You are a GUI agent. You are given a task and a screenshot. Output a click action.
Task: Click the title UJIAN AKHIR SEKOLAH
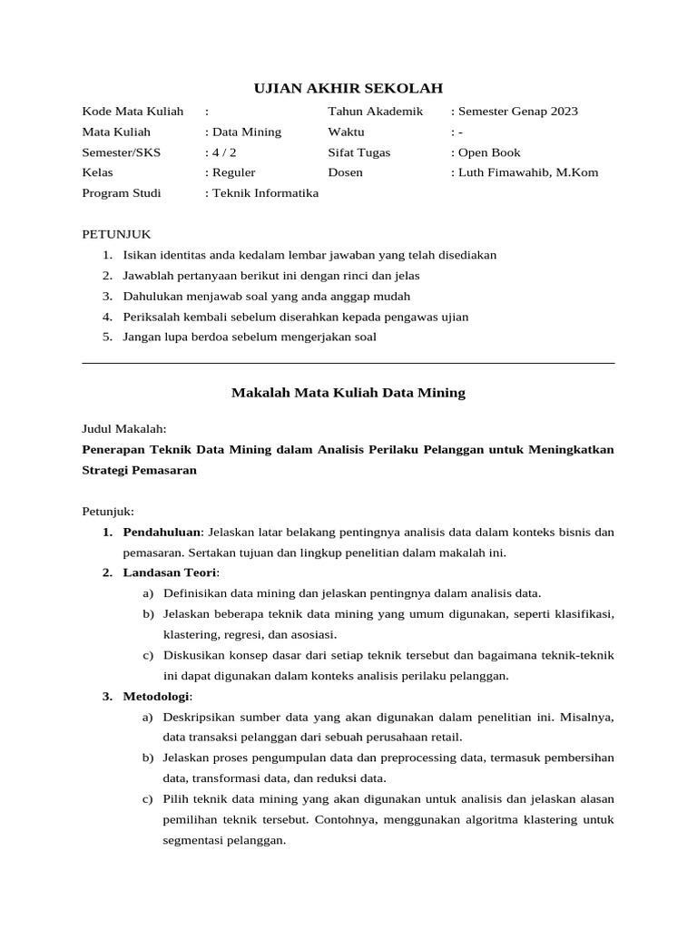[348, 88]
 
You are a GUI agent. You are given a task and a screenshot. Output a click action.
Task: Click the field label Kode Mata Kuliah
[133, 112]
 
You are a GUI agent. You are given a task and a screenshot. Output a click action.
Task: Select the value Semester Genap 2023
[518, 112]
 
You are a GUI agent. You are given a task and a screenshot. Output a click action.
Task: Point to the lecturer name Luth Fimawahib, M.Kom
[528, 172]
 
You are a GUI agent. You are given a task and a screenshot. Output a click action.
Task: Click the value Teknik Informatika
[265, 193]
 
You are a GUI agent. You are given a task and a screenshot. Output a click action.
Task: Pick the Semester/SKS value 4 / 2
[221, 152]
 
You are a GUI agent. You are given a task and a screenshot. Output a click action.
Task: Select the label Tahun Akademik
[376, 112]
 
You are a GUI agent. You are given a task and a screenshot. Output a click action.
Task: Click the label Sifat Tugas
[359, 152]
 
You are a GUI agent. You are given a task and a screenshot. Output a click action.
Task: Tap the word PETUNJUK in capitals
[116, 234]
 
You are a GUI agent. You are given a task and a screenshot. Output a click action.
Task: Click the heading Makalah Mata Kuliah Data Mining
[348, 393]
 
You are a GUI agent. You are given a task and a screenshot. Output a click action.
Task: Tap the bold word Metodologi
[157, 697]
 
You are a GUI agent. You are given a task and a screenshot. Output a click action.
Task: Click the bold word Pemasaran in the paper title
[166, 471]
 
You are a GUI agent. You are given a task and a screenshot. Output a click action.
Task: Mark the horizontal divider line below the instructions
[348, 363]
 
